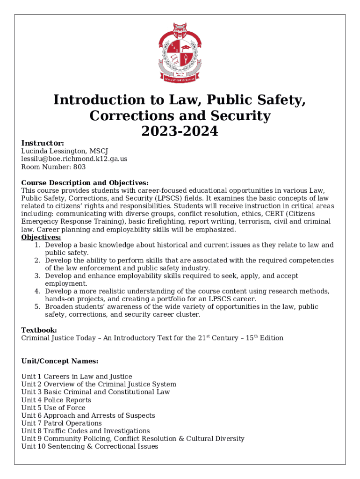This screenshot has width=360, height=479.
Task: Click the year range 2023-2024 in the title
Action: (x=180, y=131)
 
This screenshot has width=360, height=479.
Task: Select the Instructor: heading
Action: (x=43, y=143)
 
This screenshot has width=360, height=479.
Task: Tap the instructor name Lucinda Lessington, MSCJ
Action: (x=65, y=151)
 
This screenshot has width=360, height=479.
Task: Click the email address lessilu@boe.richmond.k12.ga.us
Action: (x=74, y=159)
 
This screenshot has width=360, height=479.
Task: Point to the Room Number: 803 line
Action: (x=53, y=167)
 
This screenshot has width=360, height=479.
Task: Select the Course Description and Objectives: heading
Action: (x=85, y=182)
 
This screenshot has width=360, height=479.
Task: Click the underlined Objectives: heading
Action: (x=41, y=237)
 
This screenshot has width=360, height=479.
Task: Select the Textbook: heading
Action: (x=39, y=330)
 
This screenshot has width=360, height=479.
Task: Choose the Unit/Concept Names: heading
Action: (x=60, y=361)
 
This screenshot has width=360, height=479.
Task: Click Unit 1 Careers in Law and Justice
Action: (x=77, y=377)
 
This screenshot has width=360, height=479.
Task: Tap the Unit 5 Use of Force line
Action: (x=53, y=407)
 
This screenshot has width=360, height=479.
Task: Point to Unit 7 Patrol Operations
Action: (x=61, y=423)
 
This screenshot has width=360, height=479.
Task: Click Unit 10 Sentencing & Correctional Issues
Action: (x=90, y=446)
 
